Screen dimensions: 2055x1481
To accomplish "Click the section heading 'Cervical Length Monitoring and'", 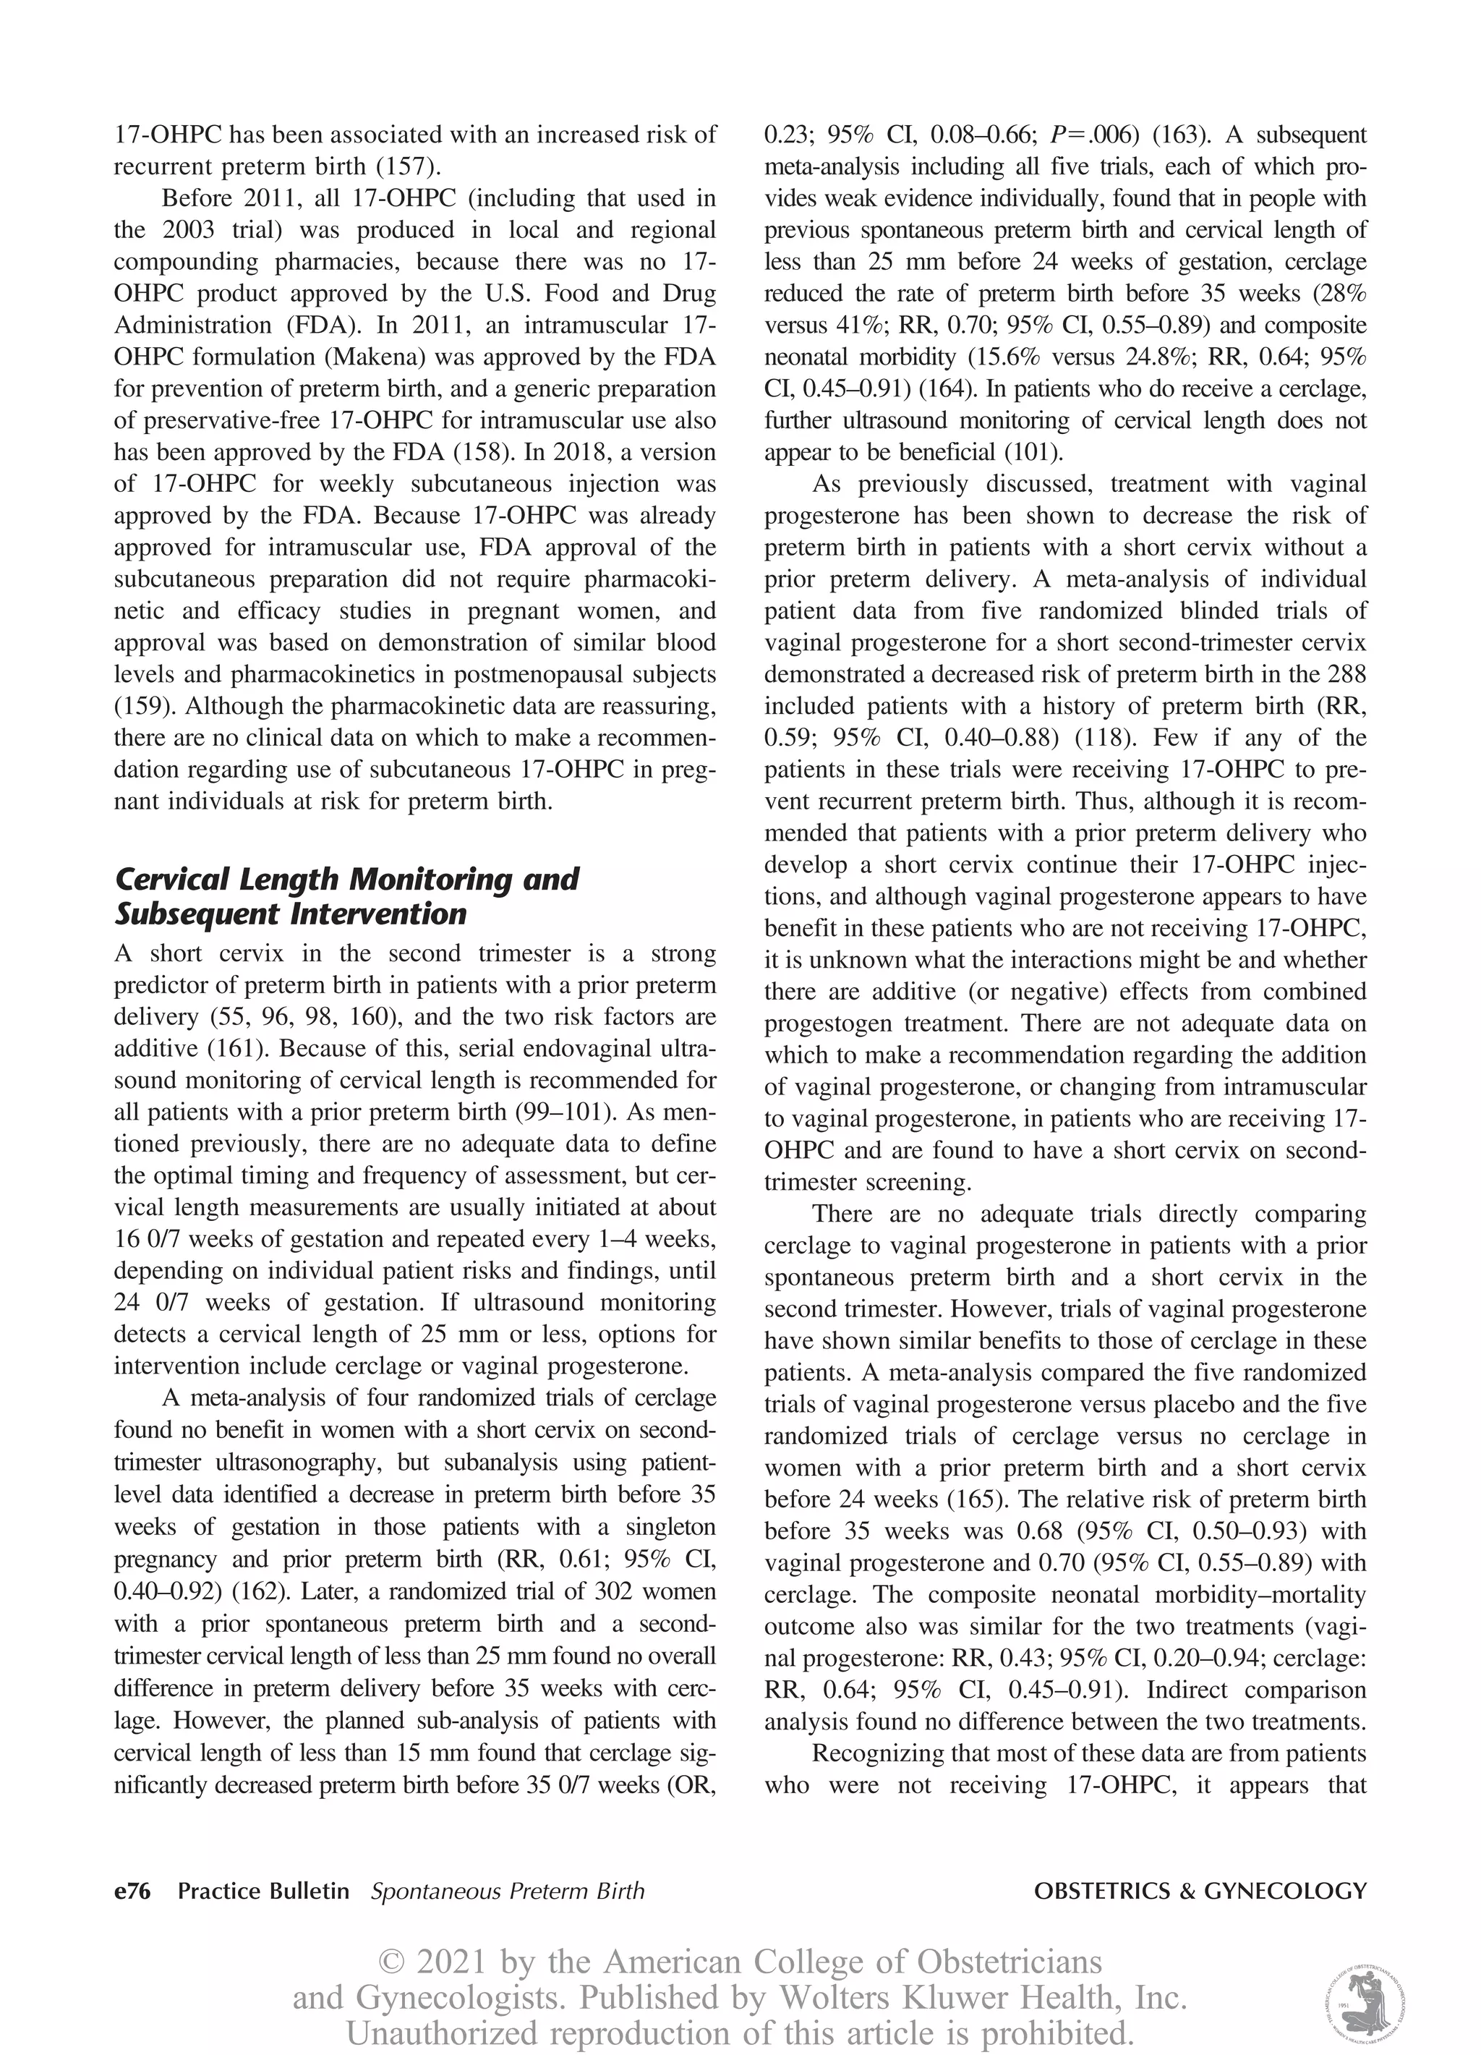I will [347, 879].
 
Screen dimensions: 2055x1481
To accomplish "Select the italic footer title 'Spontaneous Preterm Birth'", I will [507, 1891].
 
